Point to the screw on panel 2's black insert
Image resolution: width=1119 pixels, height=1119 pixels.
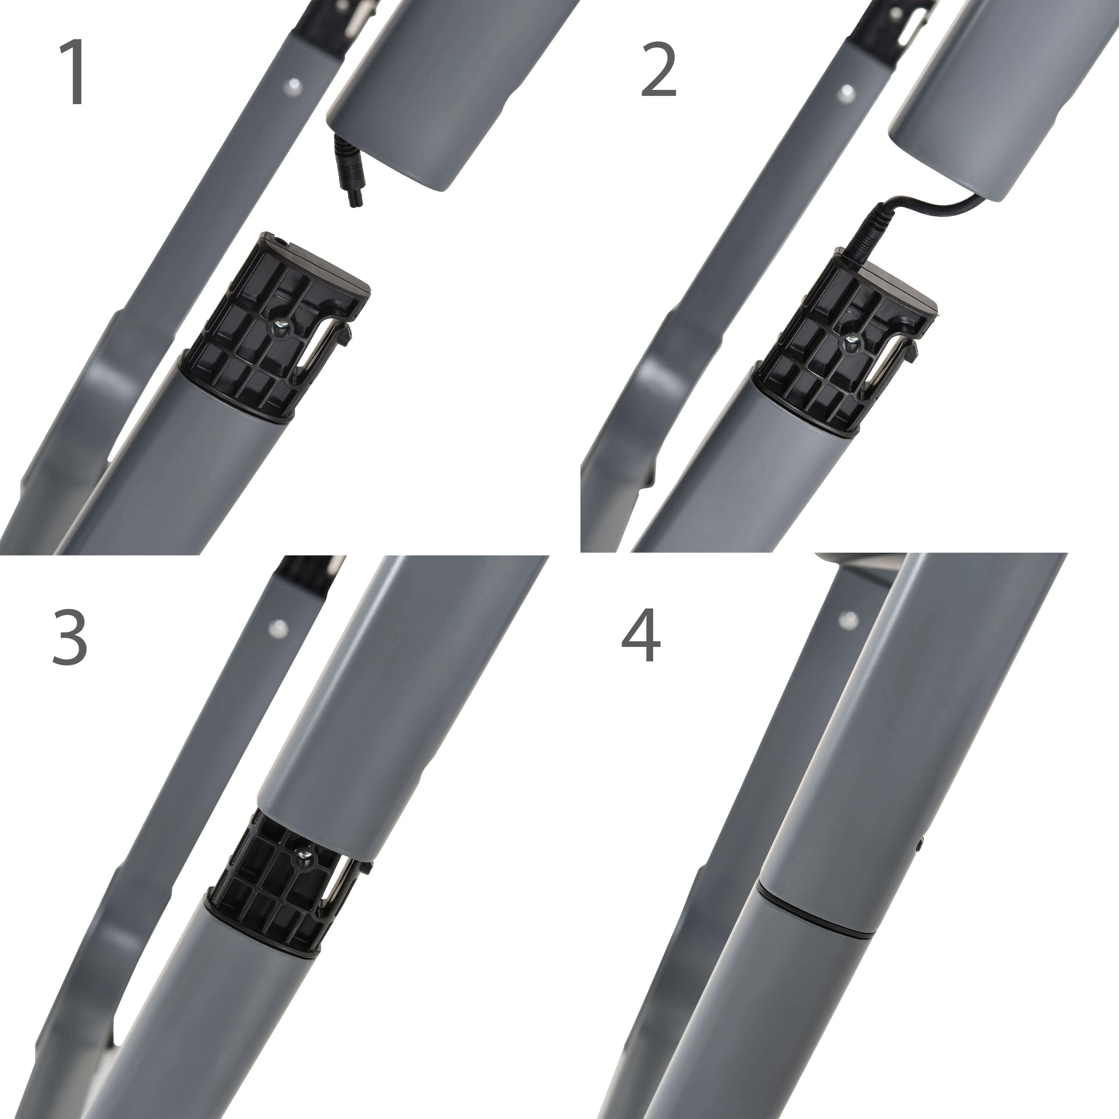(x=852, y=342)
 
